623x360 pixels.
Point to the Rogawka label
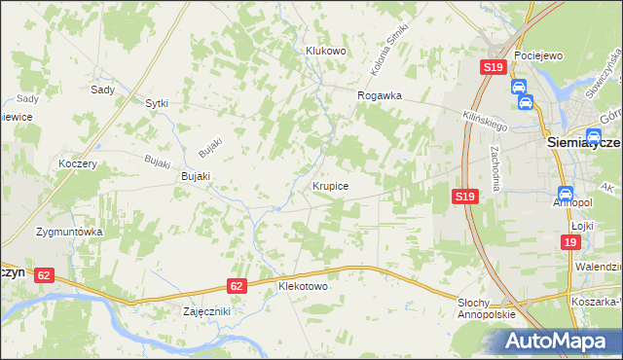click(x=380, y=95)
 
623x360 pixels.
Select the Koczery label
click(x=77, y=163)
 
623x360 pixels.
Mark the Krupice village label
click(x=331, y=184)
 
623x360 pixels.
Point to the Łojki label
click(x=582, y=226)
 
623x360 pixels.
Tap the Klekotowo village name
click(x=303, y=287)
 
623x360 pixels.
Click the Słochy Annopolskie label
click(x=485, y=310)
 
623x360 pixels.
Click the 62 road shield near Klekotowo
click(x=238, y=286)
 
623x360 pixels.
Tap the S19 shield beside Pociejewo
click(x=493, y=67)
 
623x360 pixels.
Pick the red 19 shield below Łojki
click(x=569, y=242)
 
